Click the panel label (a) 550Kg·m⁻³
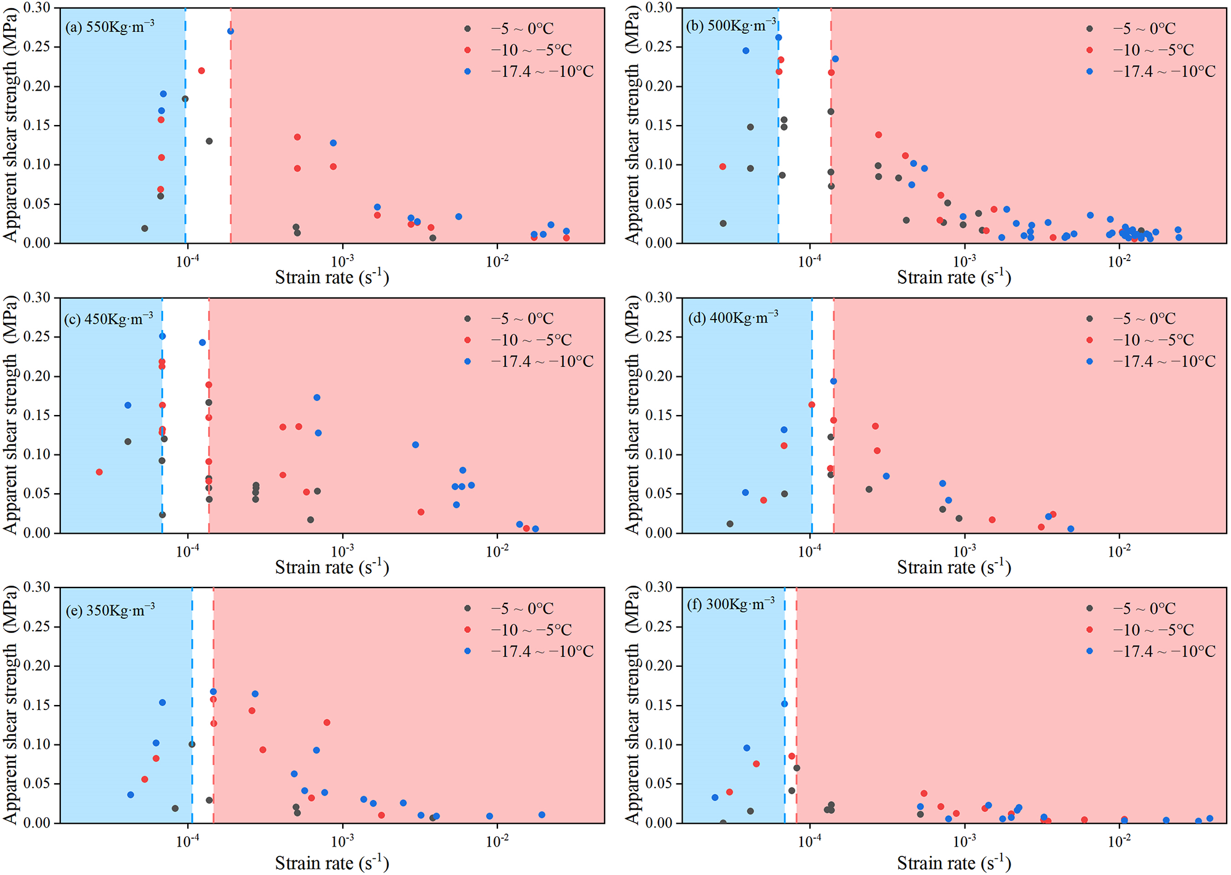(110, 26)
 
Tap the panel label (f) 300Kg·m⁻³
(731, 604)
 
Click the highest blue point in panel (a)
(230, 31)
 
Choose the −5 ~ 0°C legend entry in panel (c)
(522, 318)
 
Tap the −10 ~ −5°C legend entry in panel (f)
(1153, 630)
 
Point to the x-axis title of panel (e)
(332, 863)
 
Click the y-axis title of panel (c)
(10, 415)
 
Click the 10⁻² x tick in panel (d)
(1118, 550)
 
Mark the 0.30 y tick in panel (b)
(658, 8)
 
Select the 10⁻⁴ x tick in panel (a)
(187, 261)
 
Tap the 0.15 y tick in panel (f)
(658, 705)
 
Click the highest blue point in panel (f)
(784, 704)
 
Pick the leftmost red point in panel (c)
(99, 472)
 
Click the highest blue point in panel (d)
(833, 381)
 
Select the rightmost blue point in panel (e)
(542, 815)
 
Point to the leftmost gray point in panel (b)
(723, 224)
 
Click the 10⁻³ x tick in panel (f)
(964, 841)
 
